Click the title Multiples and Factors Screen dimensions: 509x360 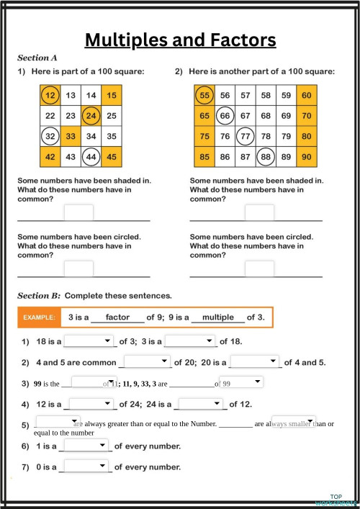180,40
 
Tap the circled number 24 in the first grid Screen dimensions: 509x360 91,115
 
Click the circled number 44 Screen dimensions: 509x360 91,155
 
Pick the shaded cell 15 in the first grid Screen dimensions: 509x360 111,95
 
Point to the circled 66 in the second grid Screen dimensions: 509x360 225,115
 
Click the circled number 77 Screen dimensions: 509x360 246,135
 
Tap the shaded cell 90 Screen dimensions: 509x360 307,155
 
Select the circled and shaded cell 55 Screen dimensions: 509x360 204,95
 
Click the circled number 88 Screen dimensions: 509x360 266,155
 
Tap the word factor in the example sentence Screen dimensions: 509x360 117,317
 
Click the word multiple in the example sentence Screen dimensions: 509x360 218,317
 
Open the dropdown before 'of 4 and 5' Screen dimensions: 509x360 254,362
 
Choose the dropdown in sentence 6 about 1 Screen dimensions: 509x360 86,446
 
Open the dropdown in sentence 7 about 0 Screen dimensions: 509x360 86,467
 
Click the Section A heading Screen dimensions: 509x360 37,57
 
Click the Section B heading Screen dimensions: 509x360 39,295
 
